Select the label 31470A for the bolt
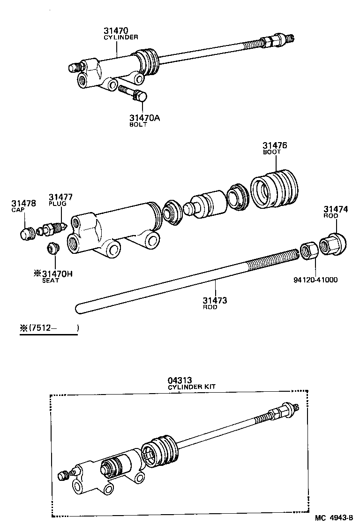click(x=145, y=118)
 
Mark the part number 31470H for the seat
click(x=57, y=274)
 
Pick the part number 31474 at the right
click(x=336, y=209)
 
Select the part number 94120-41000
click(x=315, y=280)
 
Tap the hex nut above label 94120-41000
click(x=308, y=250)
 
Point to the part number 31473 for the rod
click(x=215, y=300)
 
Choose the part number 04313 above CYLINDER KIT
click(x=180, y=380)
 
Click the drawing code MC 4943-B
click(x=333, y=518)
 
